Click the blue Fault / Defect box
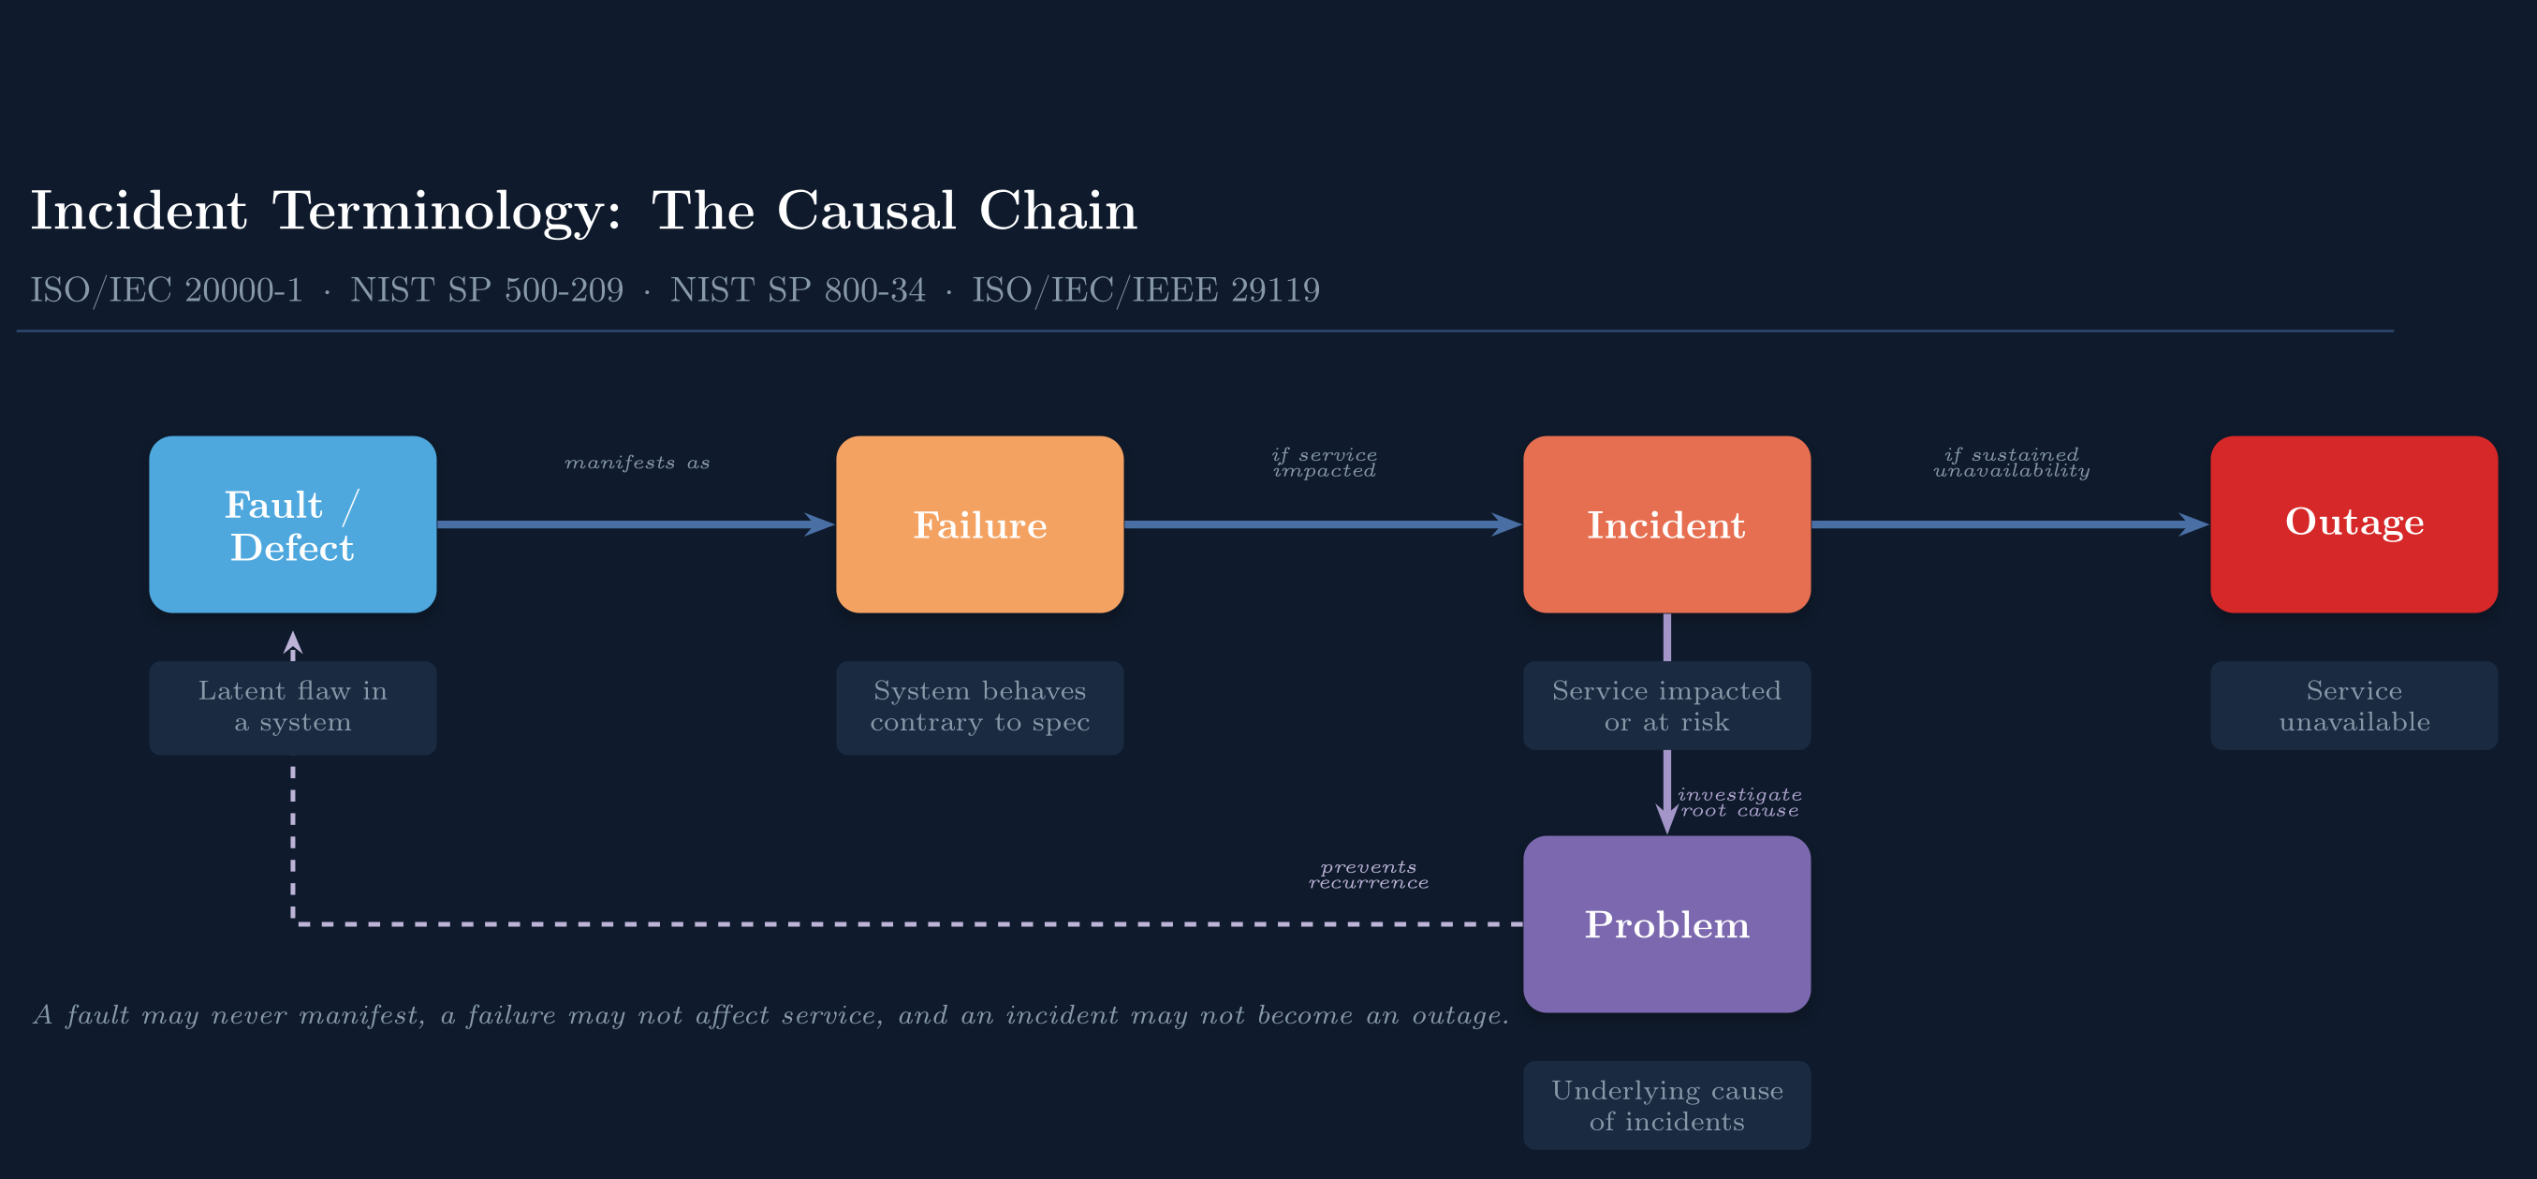pos(292,524)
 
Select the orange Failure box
pos(979,524)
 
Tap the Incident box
pos(1666,524)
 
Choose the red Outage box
pos(2353,524)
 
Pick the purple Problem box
pos(1666,924)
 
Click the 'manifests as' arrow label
pos(638,463)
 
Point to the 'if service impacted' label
pos(1324,463)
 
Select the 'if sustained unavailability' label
pos(2011,463)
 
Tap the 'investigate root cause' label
pos(1739,803)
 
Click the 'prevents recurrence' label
pos(1368,875)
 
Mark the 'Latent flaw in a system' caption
pos(292,707)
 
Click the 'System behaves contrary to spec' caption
pos(979,707)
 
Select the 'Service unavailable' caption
pos(2353,705)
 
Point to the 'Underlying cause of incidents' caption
pos(1666,1105)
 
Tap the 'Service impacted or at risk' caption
pos(1666,705)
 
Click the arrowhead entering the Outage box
pos(2195,524)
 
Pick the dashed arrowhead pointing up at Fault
pos(292,644)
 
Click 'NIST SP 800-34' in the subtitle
pos(797,289)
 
